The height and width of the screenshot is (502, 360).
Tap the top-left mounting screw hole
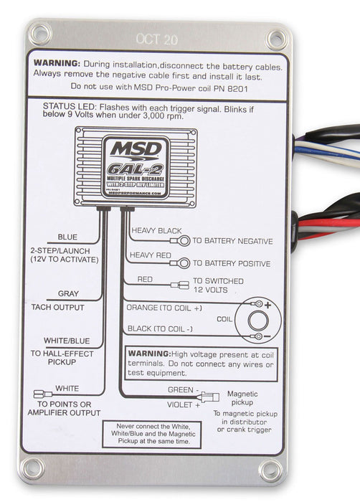[39, 33]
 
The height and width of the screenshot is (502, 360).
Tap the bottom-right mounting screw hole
[270, 470]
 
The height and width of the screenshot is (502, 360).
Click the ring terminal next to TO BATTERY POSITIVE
[184, 262]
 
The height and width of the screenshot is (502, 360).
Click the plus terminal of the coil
[257, 304]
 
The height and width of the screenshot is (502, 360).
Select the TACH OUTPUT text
[57, 307]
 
